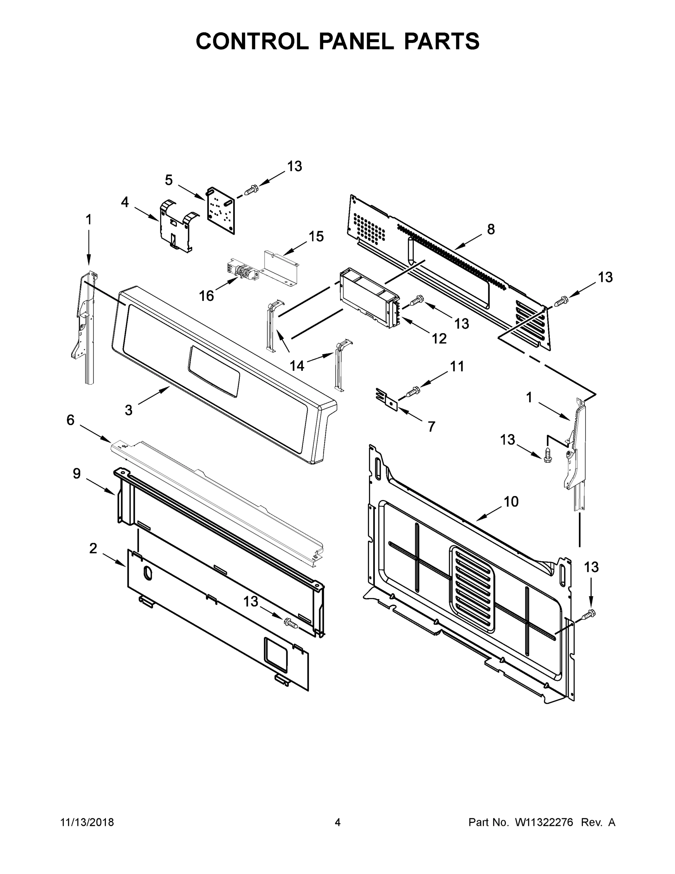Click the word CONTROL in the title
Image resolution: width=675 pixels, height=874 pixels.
point(252,41)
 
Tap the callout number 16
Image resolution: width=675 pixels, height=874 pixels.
point(206,296)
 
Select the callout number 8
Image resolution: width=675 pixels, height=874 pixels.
point(491,229)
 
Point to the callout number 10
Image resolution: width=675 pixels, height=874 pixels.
point(511,501)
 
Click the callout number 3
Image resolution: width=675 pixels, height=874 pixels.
point(128,410)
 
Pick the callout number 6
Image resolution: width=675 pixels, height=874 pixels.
point(70,420)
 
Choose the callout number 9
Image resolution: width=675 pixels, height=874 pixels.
point(77,473)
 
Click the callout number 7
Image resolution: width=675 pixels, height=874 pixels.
point(431,426)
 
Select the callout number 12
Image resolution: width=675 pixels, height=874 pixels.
point(439,339)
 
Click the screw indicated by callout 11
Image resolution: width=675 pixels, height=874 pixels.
point(412,391)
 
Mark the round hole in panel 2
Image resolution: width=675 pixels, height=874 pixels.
point(147,573)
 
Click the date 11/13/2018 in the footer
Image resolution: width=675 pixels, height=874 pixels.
point(87,822)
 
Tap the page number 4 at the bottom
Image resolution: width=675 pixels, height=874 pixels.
point(338,822)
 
